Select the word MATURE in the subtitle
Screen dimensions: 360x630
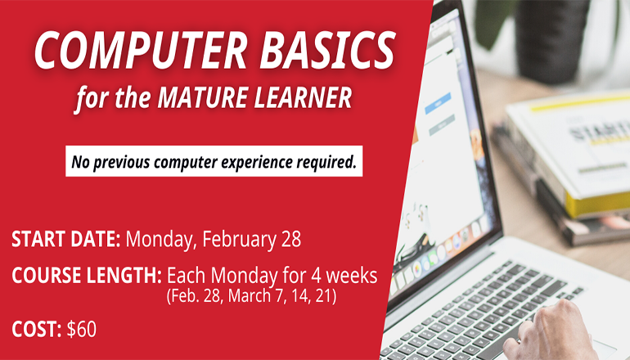pyautogui.click(x=204, y=99)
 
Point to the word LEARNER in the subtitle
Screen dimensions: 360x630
pyautogui.click(x=305, y=99)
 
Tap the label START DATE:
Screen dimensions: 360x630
pyautogui.click(x=66, y=241)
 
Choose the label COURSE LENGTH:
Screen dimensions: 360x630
pyautogui.click(x=86, y=276)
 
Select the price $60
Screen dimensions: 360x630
pyautogui.click(x=81, y=330)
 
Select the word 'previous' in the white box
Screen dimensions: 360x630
pyautogui.click(x=127, y=162)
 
